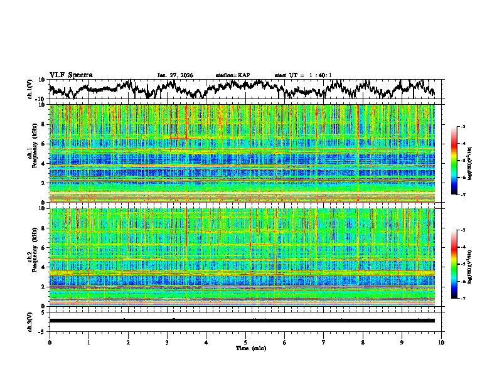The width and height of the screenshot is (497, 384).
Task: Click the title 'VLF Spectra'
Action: coord(71,75)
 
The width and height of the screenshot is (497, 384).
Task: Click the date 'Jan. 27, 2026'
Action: coord(175,75)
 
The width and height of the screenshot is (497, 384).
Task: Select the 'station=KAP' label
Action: coord(233,75)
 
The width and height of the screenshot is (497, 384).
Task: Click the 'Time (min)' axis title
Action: coord(245,348)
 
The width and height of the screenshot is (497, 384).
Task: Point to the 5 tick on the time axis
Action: coord(245,343)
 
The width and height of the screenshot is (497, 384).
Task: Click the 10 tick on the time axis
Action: coord(441,343)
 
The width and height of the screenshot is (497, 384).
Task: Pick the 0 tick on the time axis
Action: coord(50,343)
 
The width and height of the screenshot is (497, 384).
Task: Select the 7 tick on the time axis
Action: coord(324,343)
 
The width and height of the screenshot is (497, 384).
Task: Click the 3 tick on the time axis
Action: coord(167,343)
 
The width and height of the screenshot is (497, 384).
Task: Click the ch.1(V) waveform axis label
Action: coord(30,89)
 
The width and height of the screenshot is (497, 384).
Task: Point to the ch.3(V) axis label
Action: coord(30,321)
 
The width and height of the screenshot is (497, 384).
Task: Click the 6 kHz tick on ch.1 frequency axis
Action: coord(45,144)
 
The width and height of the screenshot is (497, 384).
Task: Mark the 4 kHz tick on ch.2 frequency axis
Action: coord(45,267)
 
